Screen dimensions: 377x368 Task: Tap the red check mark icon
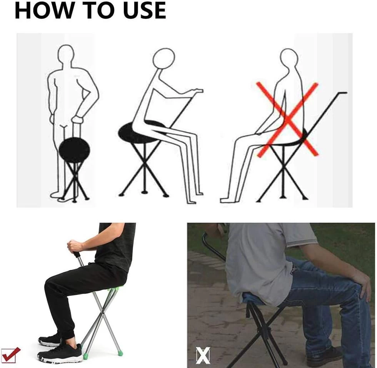(11, 355)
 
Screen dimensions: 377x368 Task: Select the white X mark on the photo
(202, 355)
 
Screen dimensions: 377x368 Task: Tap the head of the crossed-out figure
(289, 58)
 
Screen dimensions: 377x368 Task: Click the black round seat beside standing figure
(74, 150)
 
